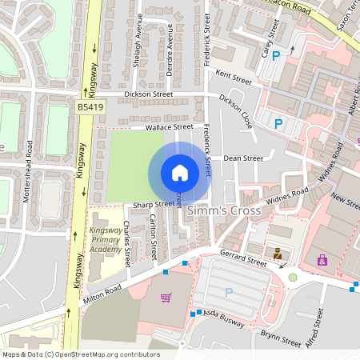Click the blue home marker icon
coord(180,173)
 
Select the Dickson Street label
coord(149,94)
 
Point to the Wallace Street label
coord(169,126)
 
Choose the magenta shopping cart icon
coord(166,298)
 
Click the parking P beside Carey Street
coord(277,56)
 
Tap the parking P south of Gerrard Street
coord(229,293)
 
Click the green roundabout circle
coord(293,277)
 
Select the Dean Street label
coord(243,158)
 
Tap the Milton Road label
coord(102,294)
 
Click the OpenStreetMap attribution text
coord(81,354)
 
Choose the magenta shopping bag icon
coord(322,259)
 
